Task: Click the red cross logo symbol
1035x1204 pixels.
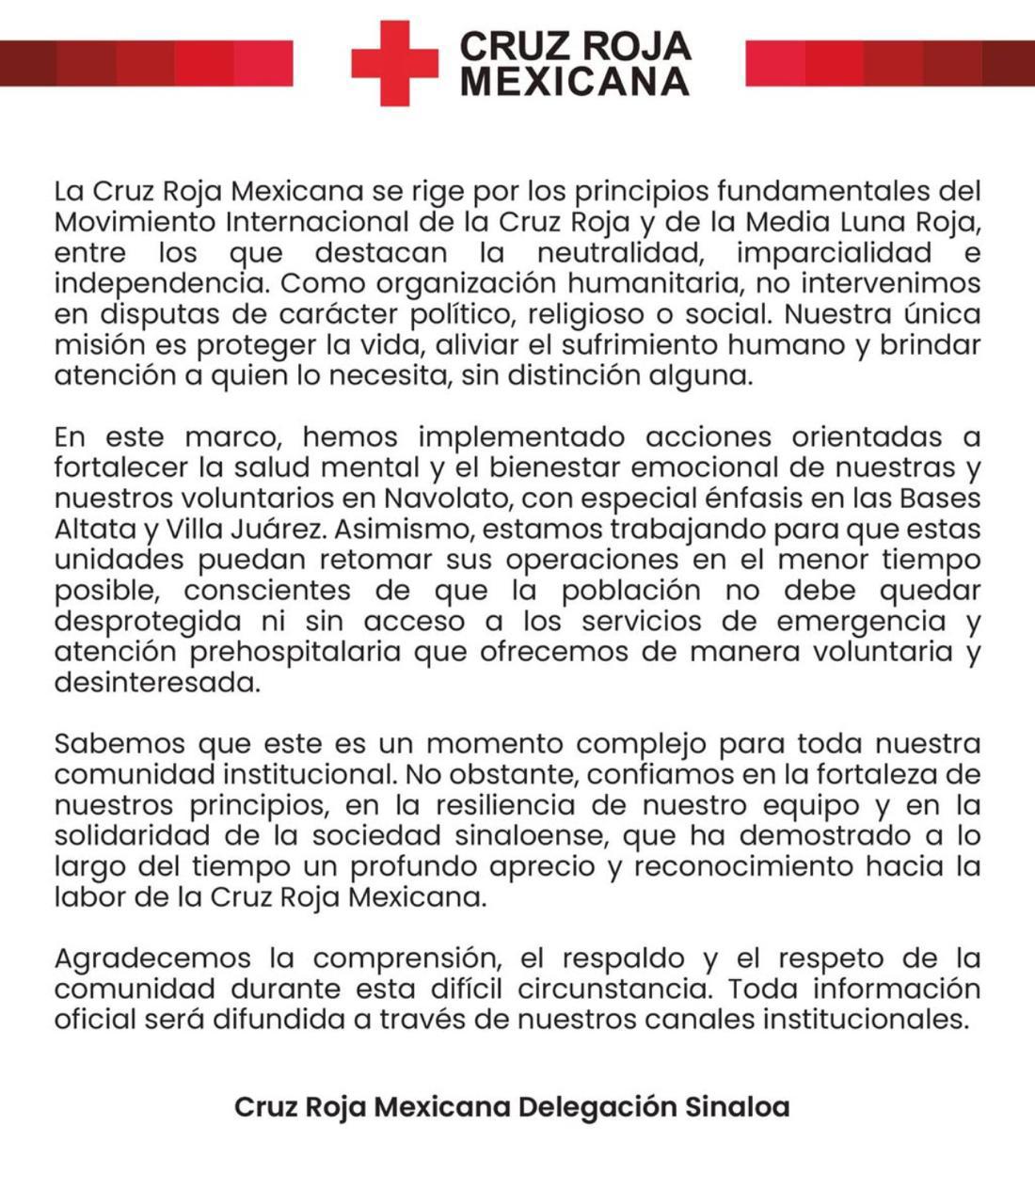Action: click(x=395, y=63)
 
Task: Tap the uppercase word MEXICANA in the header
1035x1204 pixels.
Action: click(x=575, y=82)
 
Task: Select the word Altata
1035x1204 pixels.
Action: click(x=93, y=529)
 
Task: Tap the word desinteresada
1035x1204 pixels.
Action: click(x=155, y=683)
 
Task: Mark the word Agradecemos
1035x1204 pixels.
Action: click(x=151, y=958)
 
